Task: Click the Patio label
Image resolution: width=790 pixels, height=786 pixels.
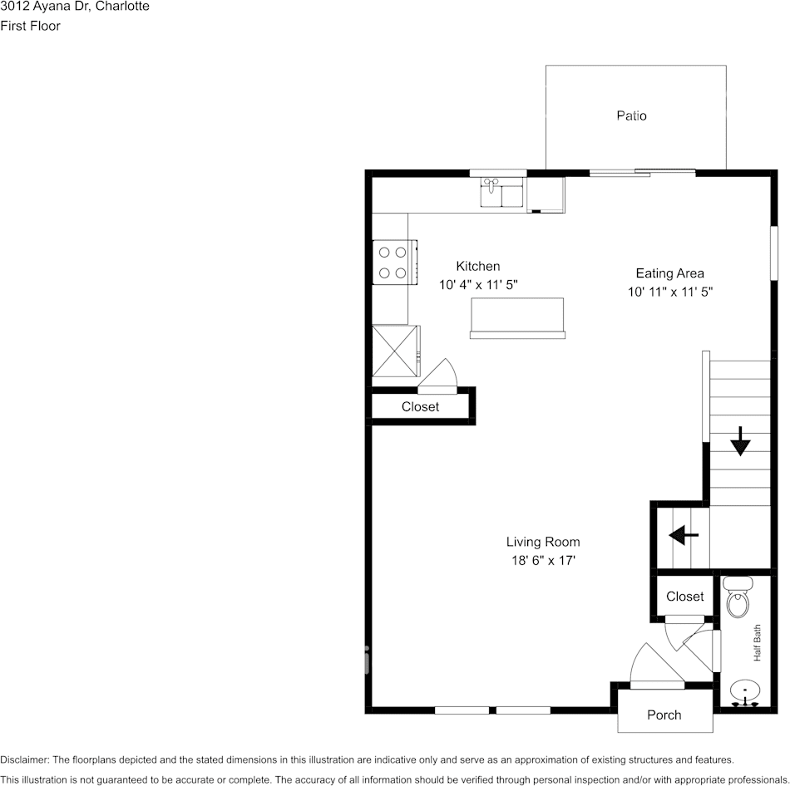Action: [631, 115]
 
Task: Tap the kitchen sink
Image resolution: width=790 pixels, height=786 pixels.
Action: [501, 193]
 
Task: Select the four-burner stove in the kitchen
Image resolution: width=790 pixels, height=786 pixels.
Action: [393, 262]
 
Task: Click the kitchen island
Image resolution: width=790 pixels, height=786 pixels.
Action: [518, 317]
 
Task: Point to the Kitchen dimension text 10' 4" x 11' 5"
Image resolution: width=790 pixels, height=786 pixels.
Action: [478, 284]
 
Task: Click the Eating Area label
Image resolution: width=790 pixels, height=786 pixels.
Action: [669, 273]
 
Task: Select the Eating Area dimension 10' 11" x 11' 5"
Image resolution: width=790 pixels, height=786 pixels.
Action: [670, 292]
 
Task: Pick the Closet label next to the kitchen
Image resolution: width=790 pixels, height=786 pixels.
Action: [420, 406]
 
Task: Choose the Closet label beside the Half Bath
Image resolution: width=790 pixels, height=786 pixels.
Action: [684, 596]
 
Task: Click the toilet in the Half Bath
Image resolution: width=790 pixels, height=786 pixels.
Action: [737, 601]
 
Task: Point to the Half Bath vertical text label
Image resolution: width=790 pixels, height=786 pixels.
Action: [758, 643]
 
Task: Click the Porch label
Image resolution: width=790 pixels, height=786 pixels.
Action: [664, 715]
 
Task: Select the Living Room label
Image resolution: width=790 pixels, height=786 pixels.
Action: [543, 542]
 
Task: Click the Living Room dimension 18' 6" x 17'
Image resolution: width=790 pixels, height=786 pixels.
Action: [543, 561]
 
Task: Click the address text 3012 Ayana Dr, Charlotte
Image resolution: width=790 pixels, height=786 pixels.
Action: [75, 7]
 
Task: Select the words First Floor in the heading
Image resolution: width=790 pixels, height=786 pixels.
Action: [30, 26]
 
